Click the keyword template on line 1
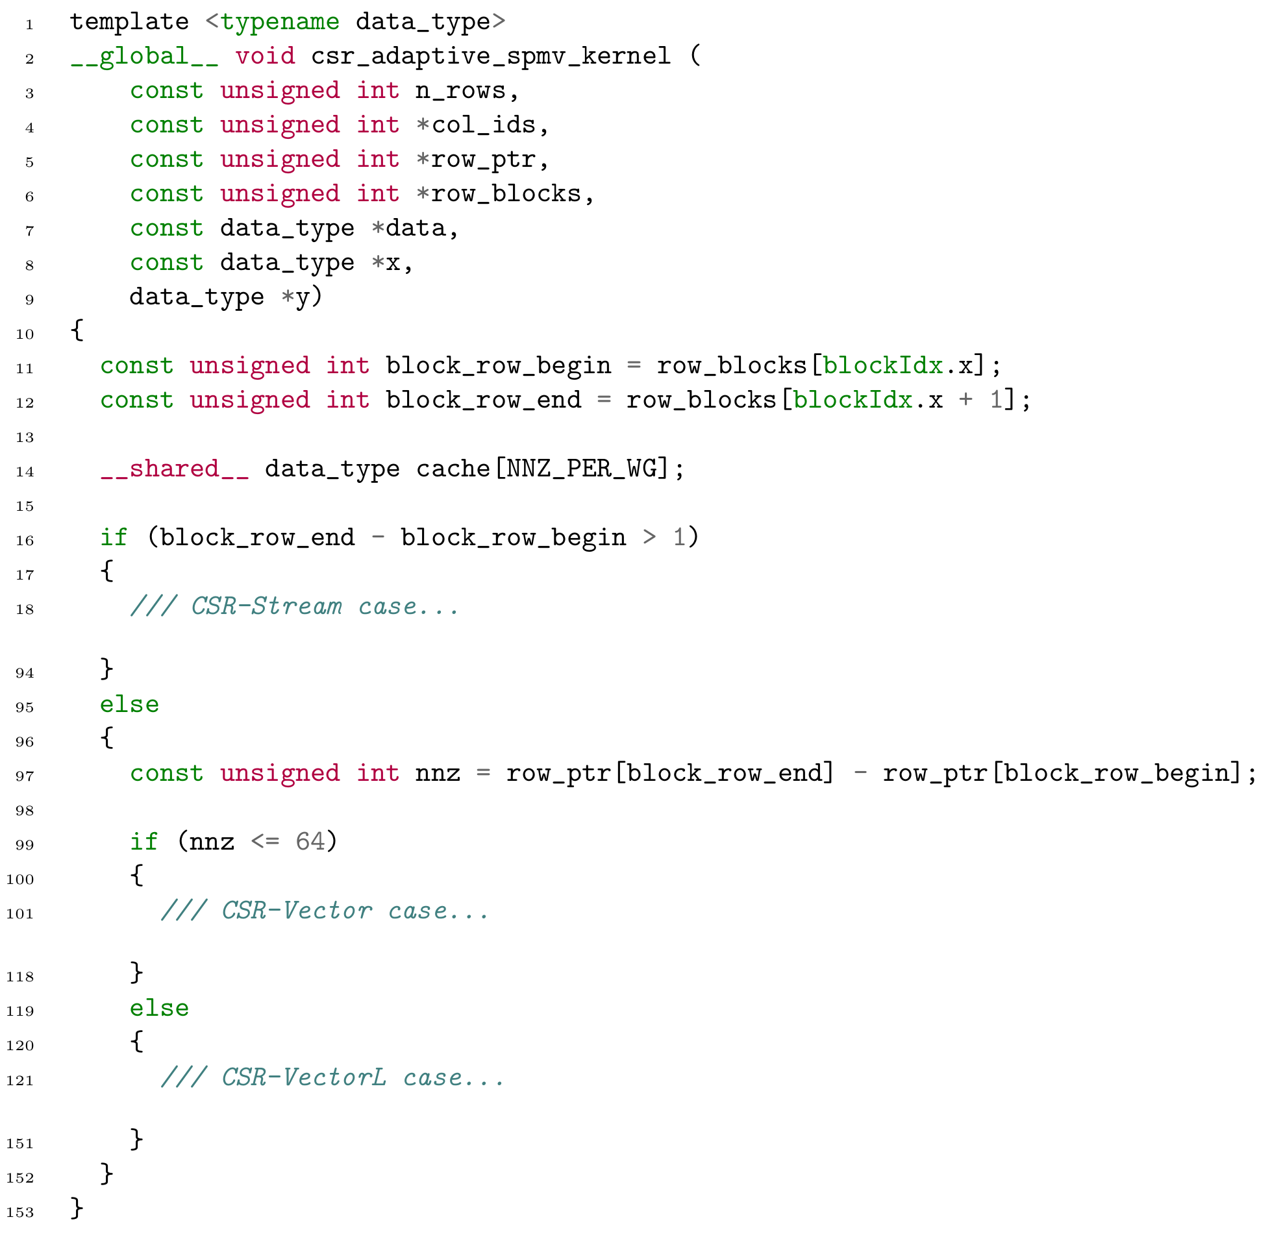[129, 22]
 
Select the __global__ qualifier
[144, 56]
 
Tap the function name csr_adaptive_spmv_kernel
[490, 56]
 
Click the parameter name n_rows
[460, 91]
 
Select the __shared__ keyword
[174, 469]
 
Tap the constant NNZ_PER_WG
[580, 469]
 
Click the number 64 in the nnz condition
[310, 842]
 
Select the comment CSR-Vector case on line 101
[325, 911]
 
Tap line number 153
[19, 1213]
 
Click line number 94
[24, 673]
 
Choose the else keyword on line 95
[129, 706]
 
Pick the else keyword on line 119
[159, 1009]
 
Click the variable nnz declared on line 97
[438, 774]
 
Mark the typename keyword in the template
[280, 22]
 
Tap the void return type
[265, 56]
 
